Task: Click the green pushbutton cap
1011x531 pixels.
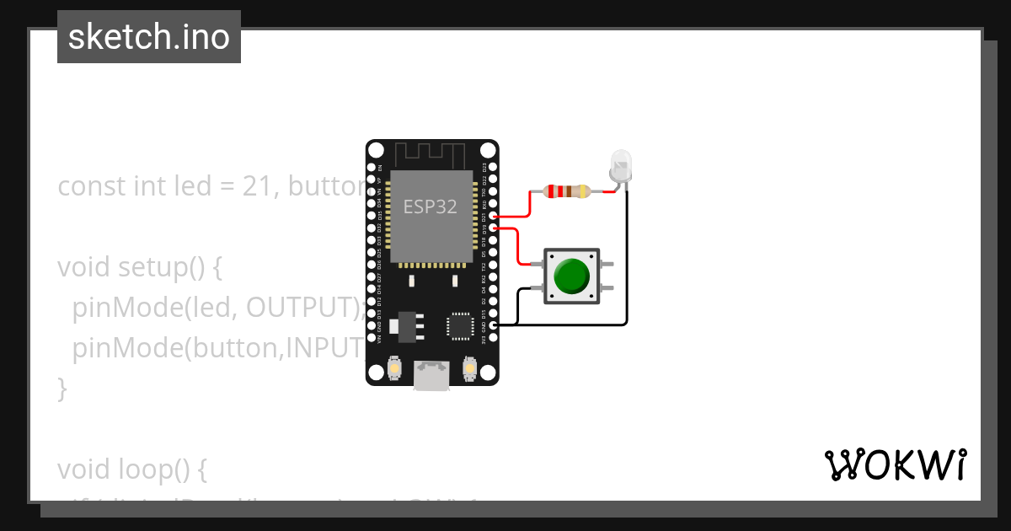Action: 573,276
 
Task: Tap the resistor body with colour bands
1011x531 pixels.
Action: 567,191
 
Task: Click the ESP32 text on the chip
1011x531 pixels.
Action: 431,206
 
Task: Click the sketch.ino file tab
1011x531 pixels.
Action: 149,37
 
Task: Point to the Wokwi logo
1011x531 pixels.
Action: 895,464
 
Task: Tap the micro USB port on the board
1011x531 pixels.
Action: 431,377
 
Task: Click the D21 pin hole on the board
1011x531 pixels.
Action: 492,216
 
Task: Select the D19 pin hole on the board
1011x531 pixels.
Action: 492,228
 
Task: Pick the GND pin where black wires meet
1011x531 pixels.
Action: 492,324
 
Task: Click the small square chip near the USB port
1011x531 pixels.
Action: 460,325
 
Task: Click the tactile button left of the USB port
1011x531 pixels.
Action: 394,368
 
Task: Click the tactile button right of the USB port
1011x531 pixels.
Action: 469,368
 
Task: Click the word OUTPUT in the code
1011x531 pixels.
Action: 303,308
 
